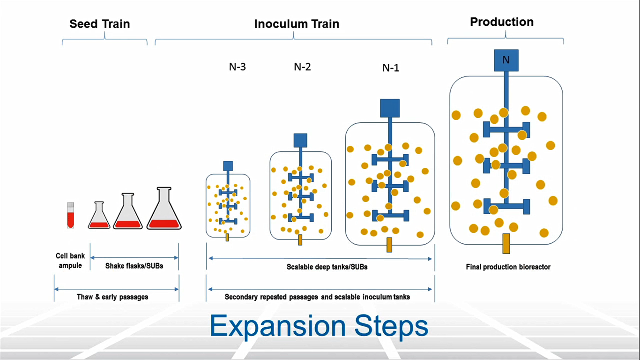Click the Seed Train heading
pyautogui.click(x=99, y=24)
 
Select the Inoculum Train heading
pyautogui.click(x=297, y=24)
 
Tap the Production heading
pyautogui.click(x=501, y=22)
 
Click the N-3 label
pyautogui.click(x=237, y=67)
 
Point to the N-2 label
pyautogui.click(x=302, y=67)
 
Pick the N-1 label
pyautogui.click(x=391, y=68)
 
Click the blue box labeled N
pyautogui.click(x=506, y=60)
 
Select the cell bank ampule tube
pyautogui.click(x=70, y=215)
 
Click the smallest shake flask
pyautogui.click(x=99, y=216)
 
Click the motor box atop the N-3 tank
pyautogui.click(x=228, y=165)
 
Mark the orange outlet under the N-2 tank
pyautogui.click(x=300, y=240)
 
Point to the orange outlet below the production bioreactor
pyautogui.click(x=506, y=243)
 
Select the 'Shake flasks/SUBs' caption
pyautogui.click(x=134, y=266)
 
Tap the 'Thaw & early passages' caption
pyautogui.click(x=112, y=297)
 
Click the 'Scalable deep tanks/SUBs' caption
pyautogui.click(x=320, y=268)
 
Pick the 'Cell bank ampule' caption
pyautogui.click(x=70, y=261)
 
